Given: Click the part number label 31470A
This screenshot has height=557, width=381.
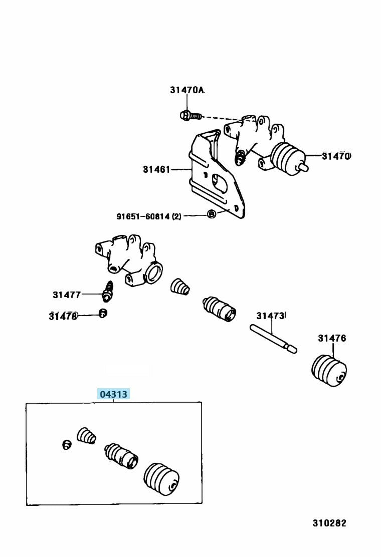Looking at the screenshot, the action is click(x=187, y=90).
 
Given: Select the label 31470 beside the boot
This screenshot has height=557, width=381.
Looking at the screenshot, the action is click(x=336, y=156).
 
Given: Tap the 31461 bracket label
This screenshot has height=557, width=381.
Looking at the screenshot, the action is click(x=157, y=169).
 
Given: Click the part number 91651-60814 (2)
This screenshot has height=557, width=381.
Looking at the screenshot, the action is click(x=148, y=216).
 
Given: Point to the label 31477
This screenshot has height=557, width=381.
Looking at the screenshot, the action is click(x=67, y=295).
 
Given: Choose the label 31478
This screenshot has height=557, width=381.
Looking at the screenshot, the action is click(x=63, y=316).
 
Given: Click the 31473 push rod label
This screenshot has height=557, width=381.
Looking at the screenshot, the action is click(x=271, y=316).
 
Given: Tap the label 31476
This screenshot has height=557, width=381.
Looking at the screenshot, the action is click(x=332, y=338).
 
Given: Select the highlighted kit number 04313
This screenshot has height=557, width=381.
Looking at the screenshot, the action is click(x=114, y=394).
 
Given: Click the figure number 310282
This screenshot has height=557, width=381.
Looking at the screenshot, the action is click(x=329, y=523).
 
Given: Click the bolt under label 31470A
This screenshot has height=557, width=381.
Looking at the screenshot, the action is click(x=191, y=116).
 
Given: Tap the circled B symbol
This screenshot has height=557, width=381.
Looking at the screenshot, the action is click(x=212, y=214).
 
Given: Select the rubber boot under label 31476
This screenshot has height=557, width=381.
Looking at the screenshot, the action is click(x=329, y=371).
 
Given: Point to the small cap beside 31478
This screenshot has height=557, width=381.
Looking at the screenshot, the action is click(x=103, y=314).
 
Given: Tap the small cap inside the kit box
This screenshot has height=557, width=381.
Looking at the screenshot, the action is click(x=66, y=444).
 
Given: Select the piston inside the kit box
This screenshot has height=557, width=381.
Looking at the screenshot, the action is click(x=121, y=455).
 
